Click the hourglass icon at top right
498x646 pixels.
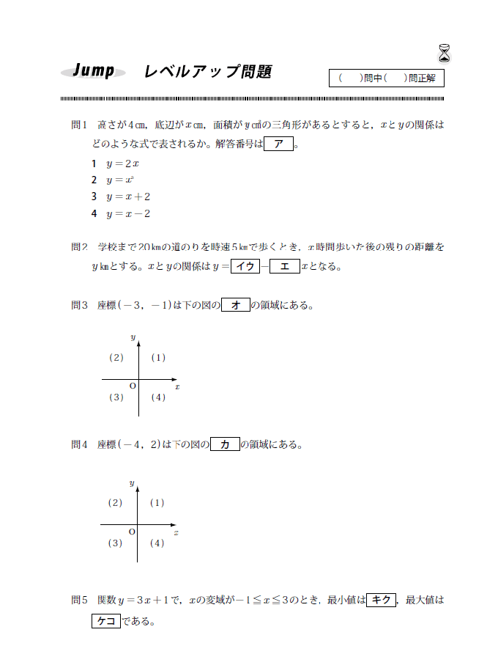click(445, 53)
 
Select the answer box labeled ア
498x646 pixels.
click(278, 144)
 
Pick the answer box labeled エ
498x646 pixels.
click(284, 266)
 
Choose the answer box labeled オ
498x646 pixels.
click(235, 305)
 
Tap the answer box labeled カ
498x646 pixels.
click(225, 444)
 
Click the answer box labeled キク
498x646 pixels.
click(381, 600)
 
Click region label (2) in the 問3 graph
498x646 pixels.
click(116, 358)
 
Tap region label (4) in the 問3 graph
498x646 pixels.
click(157, 397)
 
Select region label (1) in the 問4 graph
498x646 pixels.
click(157, 503)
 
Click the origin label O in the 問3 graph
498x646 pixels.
click(133, 386)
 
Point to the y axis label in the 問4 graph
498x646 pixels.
click(132, 483)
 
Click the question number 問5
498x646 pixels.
click(79, 600)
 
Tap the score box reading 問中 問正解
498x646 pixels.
click(387, 78)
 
